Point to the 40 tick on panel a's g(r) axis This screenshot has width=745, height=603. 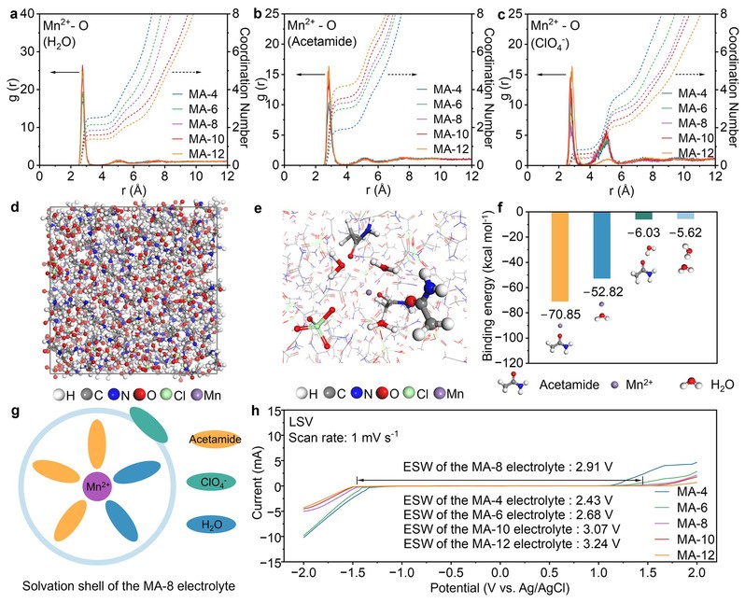28,12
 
